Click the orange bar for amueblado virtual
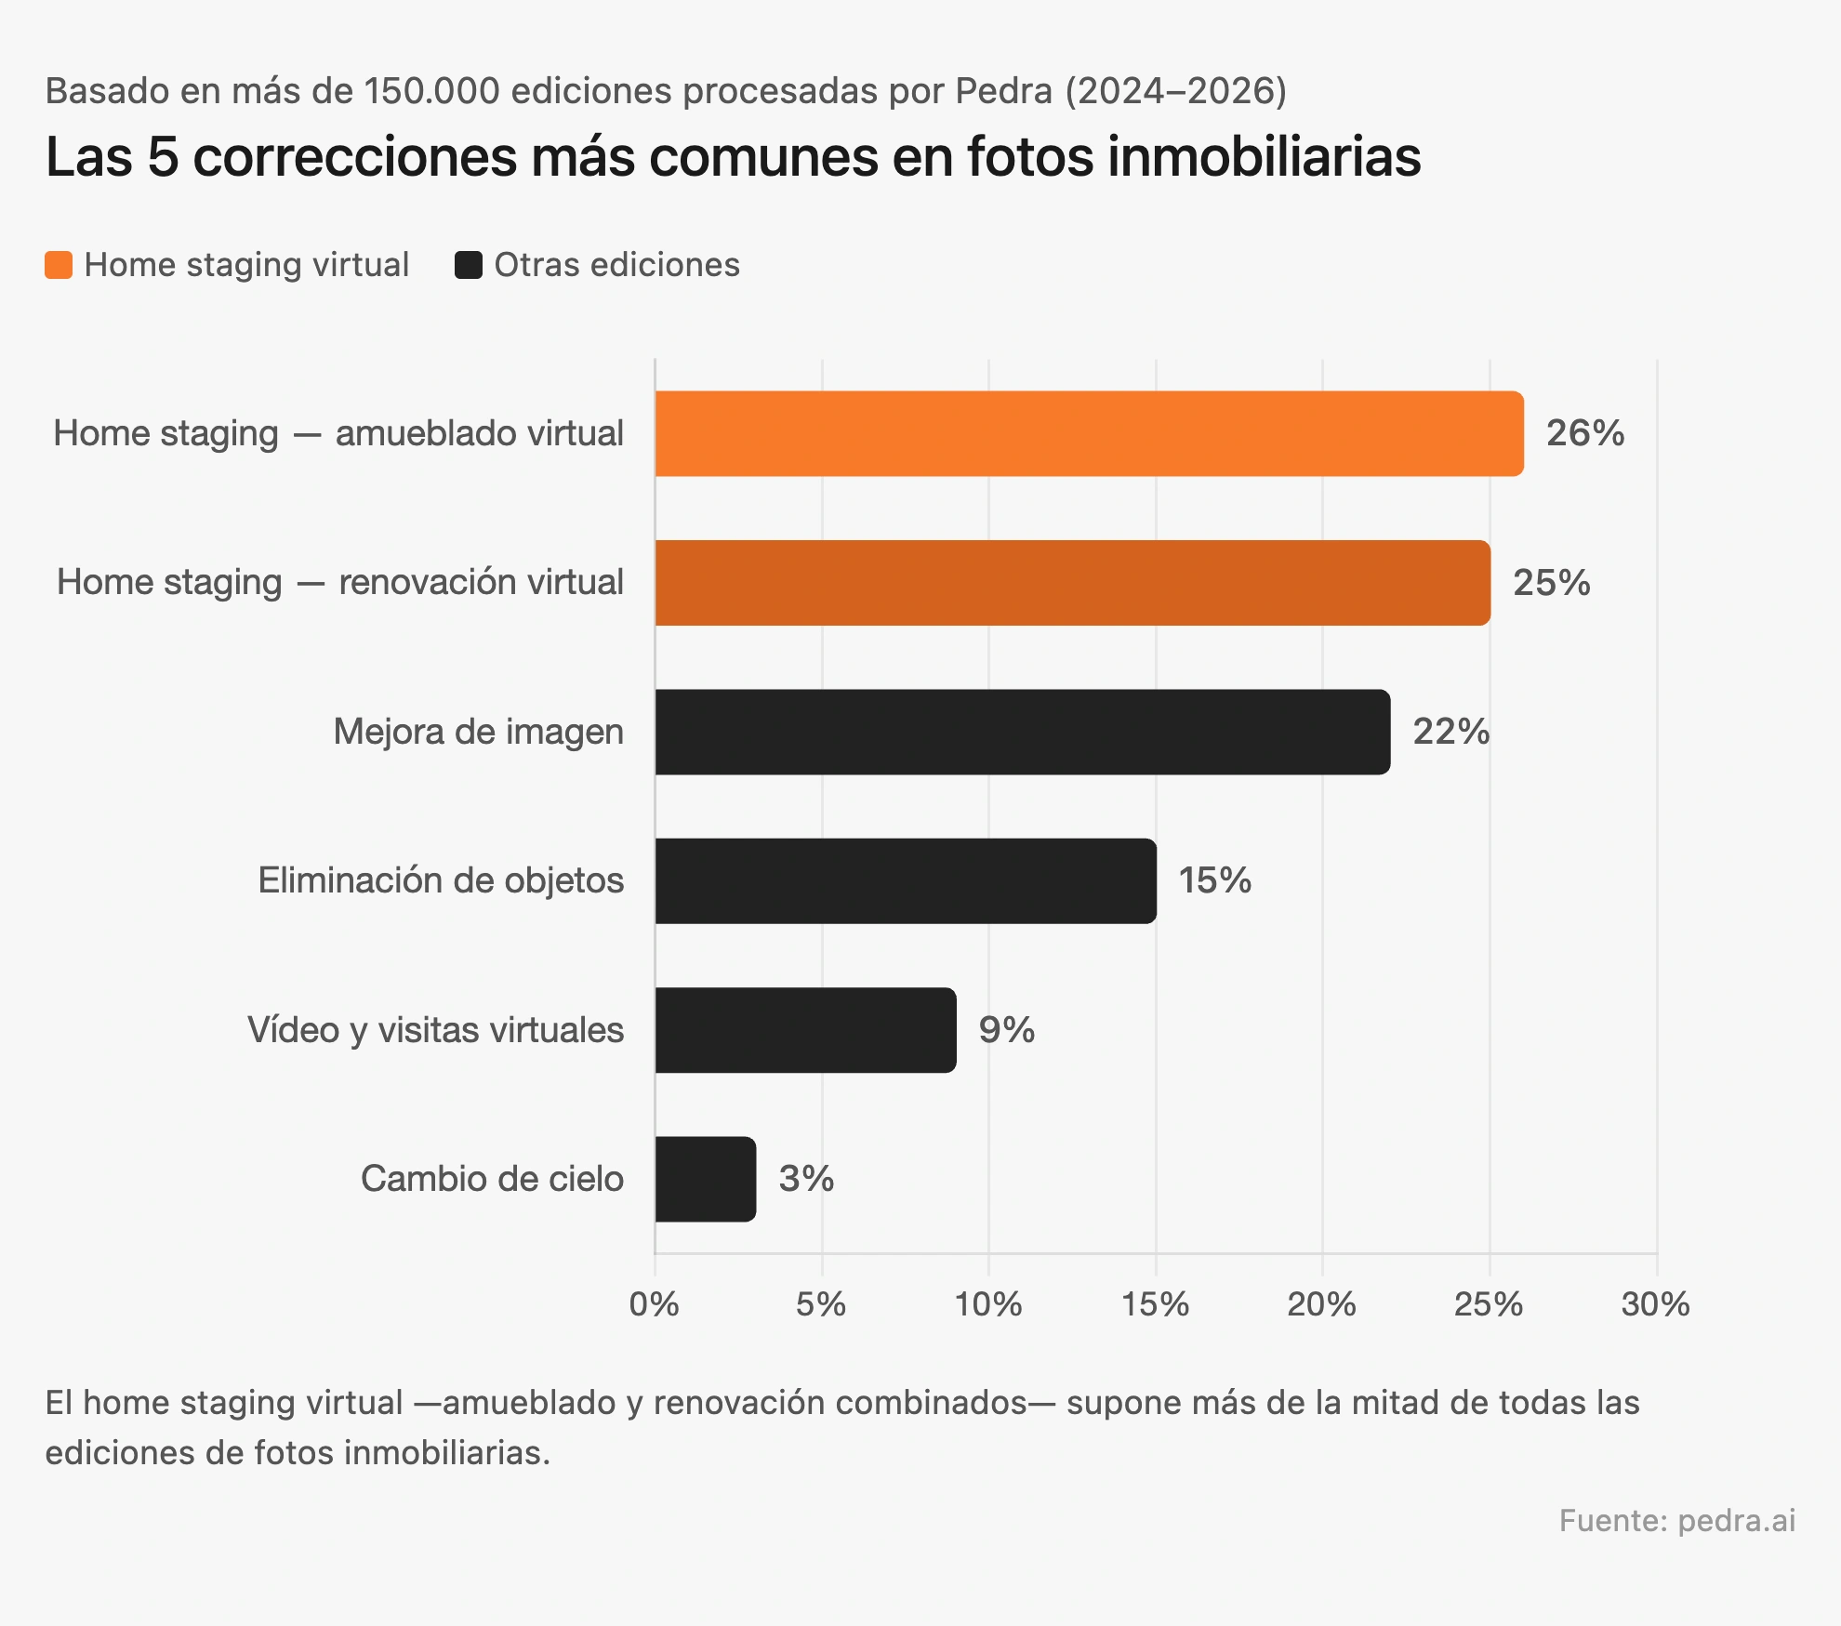[x=1088, y=433]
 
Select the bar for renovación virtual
[x=1072, y=583]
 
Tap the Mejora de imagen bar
[x=1022, y=732]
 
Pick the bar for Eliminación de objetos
[x=905, y=880]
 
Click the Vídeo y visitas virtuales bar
[x=805, y=1030]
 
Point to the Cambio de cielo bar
[x=705, y=1179]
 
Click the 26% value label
[x=1584, y=433]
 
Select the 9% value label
[x=1006, y=1030]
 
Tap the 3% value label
[x=805, y=1179]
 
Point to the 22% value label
[x=1450, y=732]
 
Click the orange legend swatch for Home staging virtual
[x=59, y=265]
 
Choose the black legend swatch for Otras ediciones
[x=469, y=265]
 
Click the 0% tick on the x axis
[x=654, y=1304]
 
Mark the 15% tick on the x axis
[x=1155, y=1304]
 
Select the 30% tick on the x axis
[x=1655, y=1304]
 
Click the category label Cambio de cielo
[x=492, y=1179]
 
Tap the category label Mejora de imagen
[x=478, y=732]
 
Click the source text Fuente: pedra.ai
[x=1676, y=1520]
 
